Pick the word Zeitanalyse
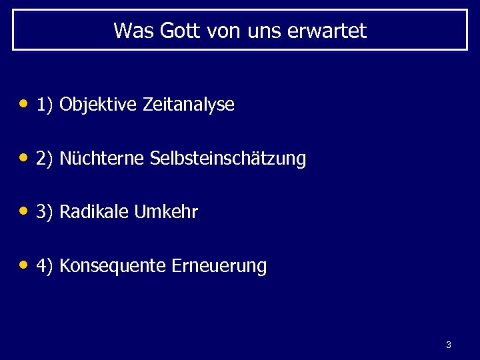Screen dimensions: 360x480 189,105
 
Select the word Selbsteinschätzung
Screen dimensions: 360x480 228,159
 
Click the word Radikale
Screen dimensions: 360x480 95,213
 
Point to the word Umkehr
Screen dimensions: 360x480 166,213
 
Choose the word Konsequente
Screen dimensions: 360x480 113,267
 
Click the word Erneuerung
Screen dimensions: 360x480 219,267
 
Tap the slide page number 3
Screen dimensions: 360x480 448,345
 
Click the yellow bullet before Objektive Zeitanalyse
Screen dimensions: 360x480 24,104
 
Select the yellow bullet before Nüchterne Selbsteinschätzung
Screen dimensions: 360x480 24,158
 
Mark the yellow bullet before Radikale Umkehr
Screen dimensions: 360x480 24,212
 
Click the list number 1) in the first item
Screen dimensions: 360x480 45,105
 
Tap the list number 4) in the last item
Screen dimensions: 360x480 45,267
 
